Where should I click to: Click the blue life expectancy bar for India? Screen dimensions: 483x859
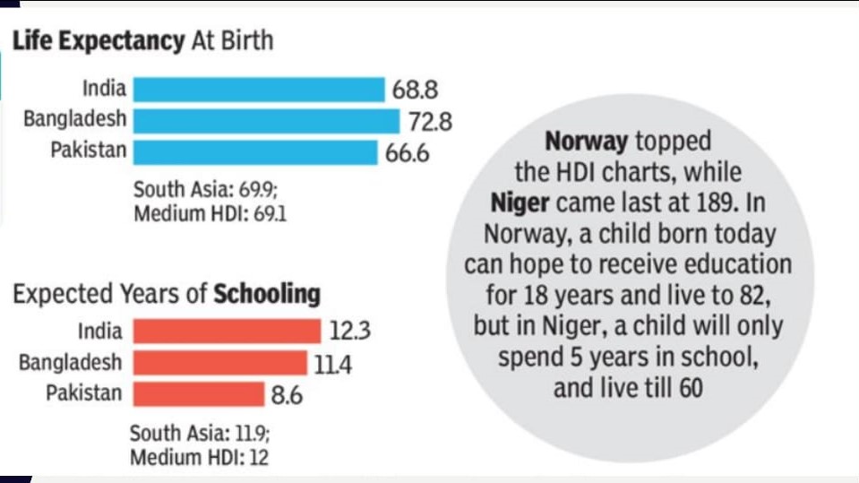tap(258, 90)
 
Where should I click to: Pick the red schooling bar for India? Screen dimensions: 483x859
tap(227, 331)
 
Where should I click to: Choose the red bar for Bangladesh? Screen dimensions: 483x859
tap(219, 362)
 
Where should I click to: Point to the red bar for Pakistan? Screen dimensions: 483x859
tap(199, 393)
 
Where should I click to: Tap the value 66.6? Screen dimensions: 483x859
tap(408, 152)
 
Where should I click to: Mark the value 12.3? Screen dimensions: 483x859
tap(349, 332)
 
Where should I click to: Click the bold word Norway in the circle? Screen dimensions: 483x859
tap(587, 141)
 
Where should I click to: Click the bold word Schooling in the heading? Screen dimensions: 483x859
tap(266, 294)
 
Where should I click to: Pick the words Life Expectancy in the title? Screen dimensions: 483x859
tap(97, 40)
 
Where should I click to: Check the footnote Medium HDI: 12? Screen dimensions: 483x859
tap(199, 458)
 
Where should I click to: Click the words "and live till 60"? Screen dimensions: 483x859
tap(628, 388)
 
